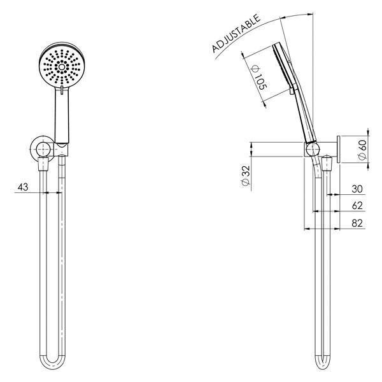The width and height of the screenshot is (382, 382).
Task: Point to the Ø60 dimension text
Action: pyautogui.click(x=362, y=150)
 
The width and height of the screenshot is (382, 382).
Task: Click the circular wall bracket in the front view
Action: pyautogui.click(x=43, y=150)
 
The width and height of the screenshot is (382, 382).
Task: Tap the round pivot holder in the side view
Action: pyautogui.click(x=311, y=150)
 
